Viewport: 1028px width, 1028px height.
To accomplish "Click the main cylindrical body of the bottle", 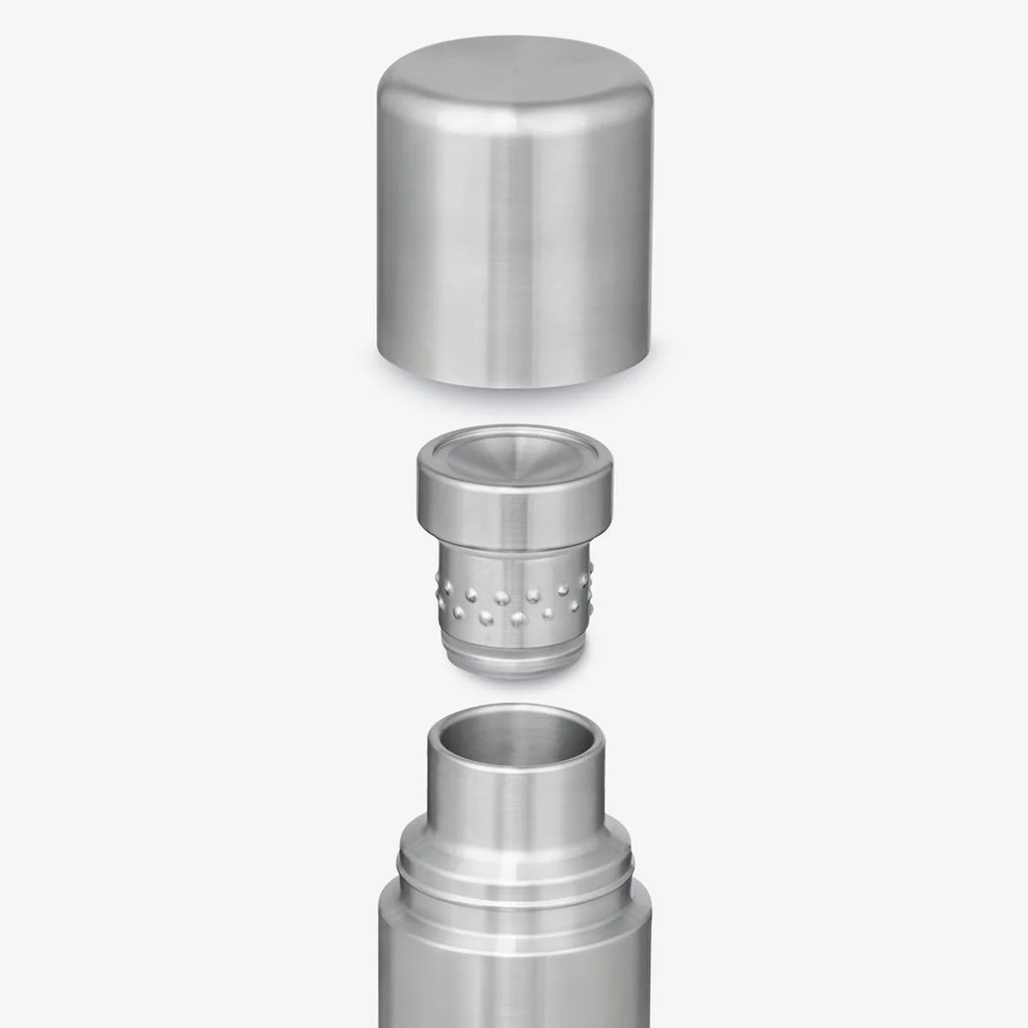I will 514,985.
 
